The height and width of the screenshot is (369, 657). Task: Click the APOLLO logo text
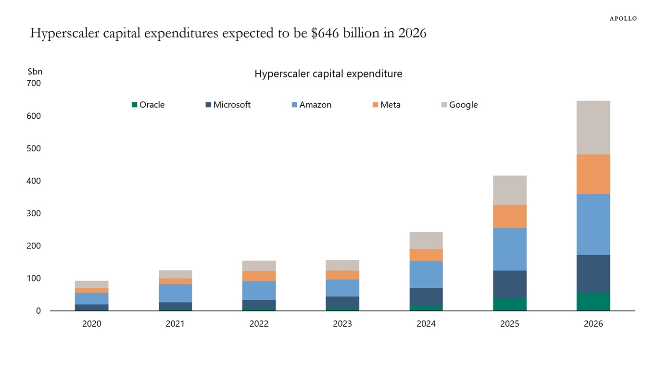[623, 18]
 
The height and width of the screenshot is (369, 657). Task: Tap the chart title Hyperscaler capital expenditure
[328, 74]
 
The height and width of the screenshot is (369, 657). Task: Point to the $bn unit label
[35, 72]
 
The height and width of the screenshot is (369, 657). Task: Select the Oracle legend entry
[148, 105]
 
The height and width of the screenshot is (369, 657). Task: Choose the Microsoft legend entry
[228, 105]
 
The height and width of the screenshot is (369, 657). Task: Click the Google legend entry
[459, 105]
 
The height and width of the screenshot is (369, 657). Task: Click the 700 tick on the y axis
[34, 83]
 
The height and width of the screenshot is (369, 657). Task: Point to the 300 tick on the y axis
[34, 213]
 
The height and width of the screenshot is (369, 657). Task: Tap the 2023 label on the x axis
[342, 324]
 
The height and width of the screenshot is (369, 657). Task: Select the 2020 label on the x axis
[91, 324]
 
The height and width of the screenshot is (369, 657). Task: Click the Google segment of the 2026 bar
[593, 127]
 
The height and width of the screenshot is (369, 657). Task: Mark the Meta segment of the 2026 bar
[593, 174]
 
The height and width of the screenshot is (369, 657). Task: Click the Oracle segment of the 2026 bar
[593, 302]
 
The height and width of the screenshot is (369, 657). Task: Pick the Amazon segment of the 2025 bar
[509, 249]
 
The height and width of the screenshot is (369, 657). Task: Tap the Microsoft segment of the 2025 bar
[509, 284]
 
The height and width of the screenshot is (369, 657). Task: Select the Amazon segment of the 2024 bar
[426, 274]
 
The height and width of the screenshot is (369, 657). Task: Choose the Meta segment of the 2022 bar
[259, 276]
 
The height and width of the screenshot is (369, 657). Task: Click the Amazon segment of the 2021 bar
[175, 293]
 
